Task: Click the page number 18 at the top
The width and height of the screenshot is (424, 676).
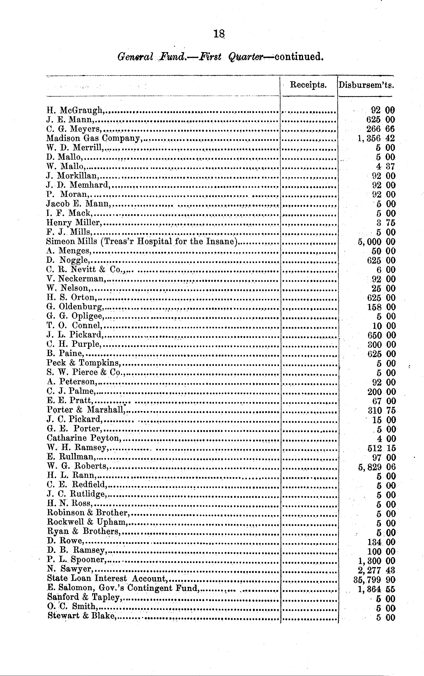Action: (219, 34)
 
